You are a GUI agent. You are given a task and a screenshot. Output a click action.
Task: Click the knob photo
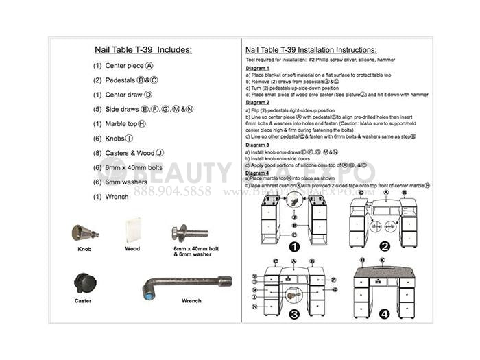(x=84, y=232)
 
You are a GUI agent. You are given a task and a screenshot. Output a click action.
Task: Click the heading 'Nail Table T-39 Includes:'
(x=143, y=49)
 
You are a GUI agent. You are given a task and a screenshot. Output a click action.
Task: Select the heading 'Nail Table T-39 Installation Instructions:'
(x=311, y=50)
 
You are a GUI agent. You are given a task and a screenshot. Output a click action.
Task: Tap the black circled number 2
(x=385, y=247)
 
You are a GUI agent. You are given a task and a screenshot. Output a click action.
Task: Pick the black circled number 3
(x=293, y=314)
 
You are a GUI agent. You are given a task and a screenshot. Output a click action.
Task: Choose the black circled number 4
(x=385, y=314)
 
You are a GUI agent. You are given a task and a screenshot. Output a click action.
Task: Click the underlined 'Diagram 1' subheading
(x=258, y=69)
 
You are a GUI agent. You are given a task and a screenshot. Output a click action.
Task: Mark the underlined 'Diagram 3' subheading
(x=258, y=145)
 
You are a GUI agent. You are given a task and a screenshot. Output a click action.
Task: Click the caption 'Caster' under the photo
(x=83, y=300)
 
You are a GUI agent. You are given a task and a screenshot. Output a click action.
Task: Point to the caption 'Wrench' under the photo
(x=191, y=300)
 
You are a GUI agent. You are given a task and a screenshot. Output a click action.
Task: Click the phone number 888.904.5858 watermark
(x=172, y=191)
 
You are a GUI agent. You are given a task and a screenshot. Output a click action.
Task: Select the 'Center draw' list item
(x=122, y=95)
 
